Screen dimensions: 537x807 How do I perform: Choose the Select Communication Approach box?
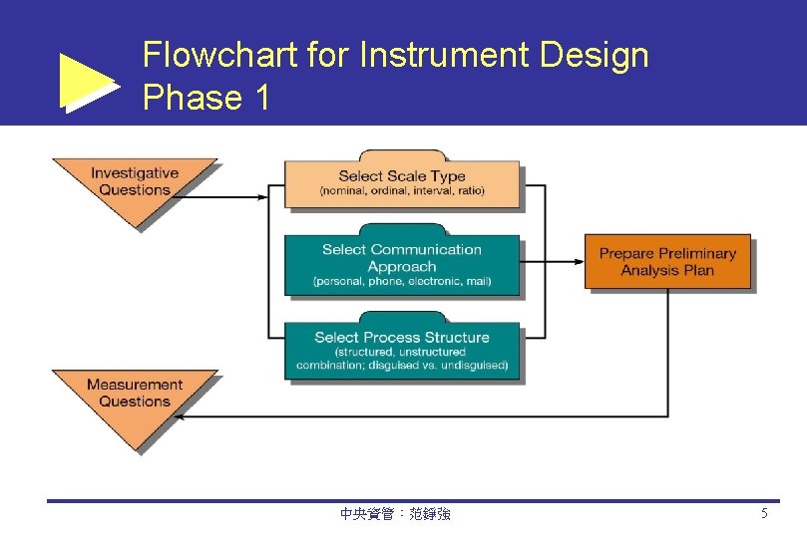402,265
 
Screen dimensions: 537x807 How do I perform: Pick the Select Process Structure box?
402,350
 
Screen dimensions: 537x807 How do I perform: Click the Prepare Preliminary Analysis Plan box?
667,262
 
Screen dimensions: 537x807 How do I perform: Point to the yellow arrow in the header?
88,83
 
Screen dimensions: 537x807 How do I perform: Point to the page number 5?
764,514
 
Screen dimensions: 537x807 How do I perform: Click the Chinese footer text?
395,514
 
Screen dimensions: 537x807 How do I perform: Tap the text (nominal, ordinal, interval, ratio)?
402,191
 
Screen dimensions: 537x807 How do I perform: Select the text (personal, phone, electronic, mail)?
402,282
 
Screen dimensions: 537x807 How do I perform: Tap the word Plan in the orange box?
697,270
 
